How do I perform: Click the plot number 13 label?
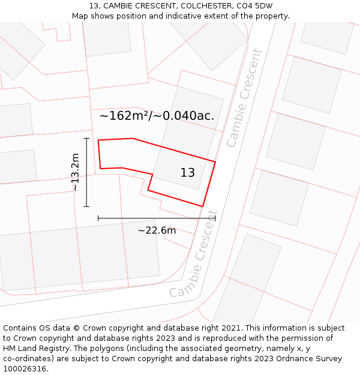[187, 173]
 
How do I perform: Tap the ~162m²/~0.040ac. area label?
[157, 116]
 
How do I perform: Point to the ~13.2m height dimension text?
[76, 172]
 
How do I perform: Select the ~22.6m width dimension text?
[157, 230]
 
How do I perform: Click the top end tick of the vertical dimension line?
[86, 139]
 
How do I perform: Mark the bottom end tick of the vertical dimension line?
[86, 207]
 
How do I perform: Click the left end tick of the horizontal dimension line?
[98, 218]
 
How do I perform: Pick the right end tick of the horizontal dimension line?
[215, 218]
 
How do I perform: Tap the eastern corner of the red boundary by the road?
[215, 161]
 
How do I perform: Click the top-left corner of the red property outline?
[98, 140]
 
